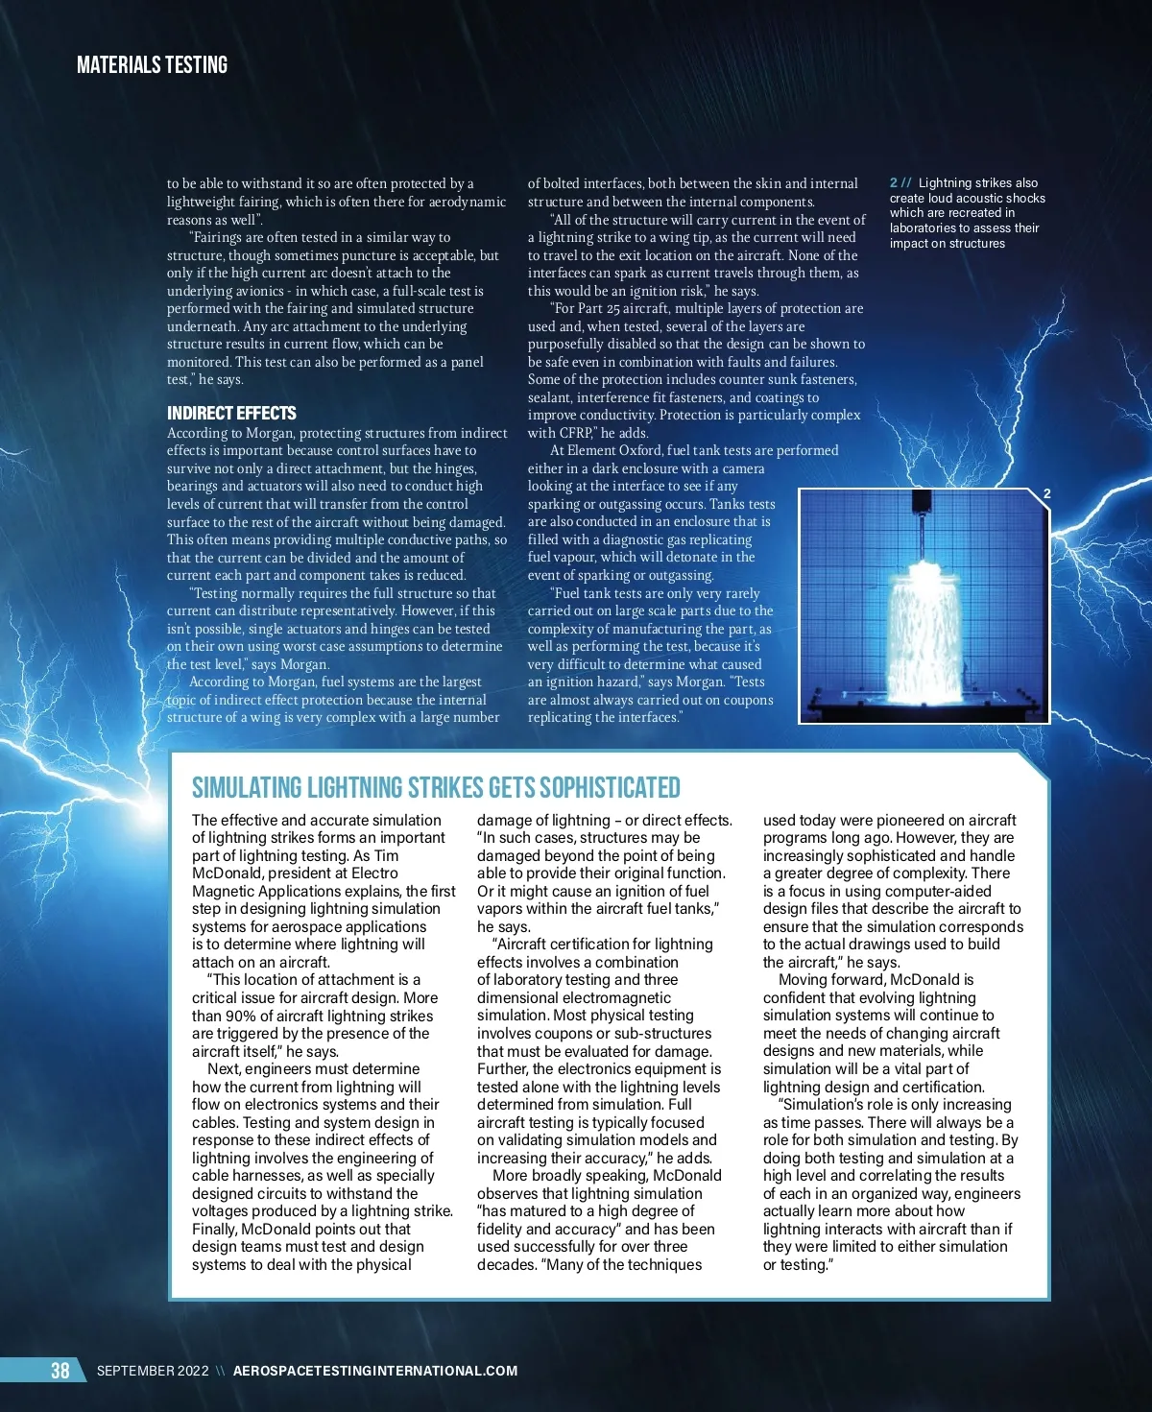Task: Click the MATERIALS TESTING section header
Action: pos(152,65)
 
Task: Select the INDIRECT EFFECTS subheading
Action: pos(231,414)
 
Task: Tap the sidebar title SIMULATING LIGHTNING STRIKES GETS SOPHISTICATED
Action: pos(436,788)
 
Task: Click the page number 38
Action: pos(60,1370)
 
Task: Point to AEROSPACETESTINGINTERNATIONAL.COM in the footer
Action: pos(375,1371)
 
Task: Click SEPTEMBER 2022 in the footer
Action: pos(153,1371)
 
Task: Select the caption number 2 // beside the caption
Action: pos(900,183)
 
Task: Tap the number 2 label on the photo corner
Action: pos(1047,493)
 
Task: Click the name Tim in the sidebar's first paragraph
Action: pos(387,855)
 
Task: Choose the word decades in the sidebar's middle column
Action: pos(502,1264)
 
